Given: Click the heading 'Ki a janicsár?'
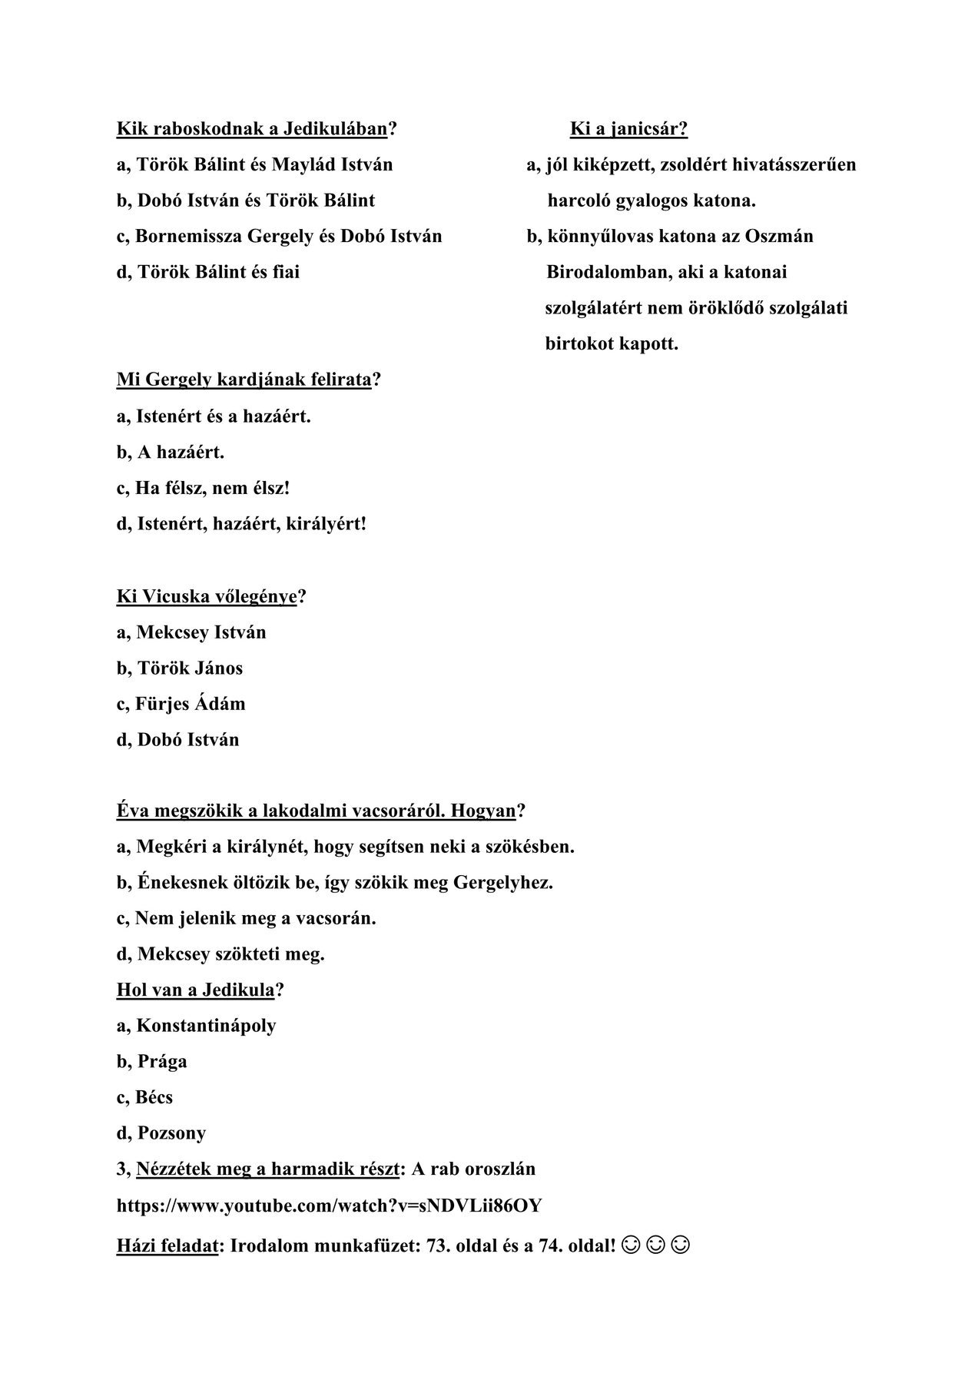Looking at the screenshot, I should [x=628, y=128].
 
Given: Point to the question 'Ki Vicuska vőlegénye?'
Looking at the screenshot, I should [x=211, y=596].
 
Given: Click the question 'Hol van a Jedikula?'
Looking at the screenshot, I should [x=200, y=990].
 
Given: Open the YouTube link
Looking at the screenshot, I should [x=329, y=1206].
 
